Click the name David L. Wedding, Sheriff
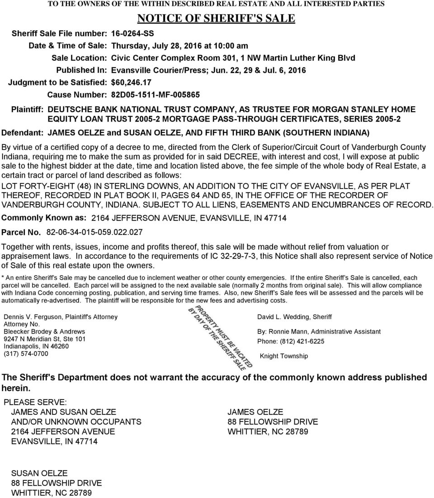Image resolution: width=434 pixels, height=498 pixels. click(x=294, y=317)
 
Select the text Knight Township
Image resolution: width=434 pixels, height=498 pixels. click(x=283, y=356)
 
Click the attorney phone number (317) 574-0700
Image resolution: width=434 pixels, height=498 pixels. click(x=25, y=354)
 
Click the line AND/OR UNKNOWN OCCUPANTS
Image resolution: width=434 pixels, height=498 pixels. click(x=76, y=422)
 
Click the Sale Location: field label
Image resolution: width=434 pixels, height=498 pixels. click(x=79, y=58)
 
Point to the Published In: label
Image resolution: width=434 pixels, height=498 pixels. click(x=81, y=70)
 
